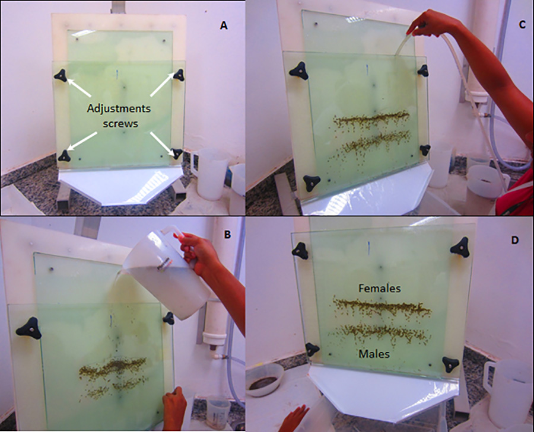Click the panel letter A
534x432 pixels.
coord(224,25)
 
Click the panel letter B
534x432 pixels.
coord(227,234)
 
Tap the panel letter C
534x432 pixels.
coord(523,25)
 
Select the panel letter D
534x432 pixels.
coord(514,240)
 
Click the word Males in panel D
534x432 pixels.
coord(374,354)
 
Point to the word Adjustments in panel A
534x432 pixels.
coord(119,109)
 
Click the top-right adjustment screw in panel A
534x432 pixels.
coord(179,75)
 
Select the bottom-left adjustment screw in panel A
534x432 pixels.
coord(64,156)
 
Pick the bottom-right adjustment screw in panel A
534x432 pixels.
coord(177,153)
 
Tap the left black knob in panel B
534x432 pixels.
coord(28,328)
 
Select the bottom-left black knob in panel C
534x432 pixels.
coord(311,184)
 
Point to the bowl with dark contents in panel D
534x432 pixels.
coord(264,380)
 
